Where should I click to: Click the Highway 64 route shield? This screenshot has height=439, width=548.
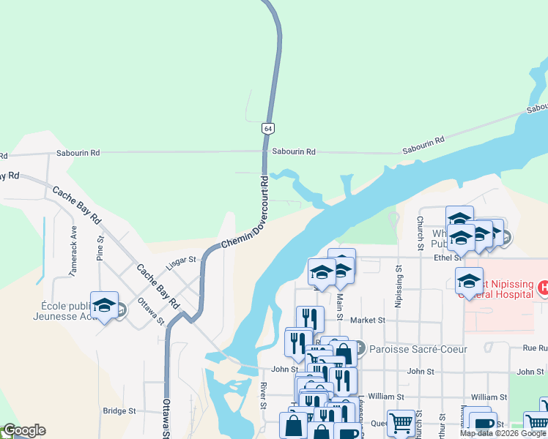pos(268,128)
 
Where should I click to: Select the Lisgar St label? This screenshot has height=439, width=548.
pos(182,259)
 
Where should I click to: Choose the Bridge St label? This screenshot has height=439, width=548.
pos(120,411)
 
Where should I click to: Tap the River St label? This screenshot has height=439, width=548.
pos(262,395)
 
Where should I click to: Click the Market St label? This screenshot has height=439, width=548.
pos(368,320)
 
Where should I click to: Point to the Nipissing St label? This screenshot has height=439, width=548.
pos(399,286)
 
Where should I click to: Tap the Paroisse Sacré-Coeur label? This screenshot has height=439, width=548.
pos(418,349)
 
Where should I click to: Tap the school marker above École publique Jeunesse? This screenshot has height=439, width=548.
pos(104,306)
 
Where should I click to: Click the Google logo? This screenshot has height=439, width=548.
pos(24,430)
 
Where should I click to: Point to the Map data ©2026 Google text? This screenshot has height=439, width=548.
pos(502,433)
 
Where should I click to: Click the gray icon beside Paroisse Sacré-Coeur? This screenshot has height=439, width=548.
pos(360,349)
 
